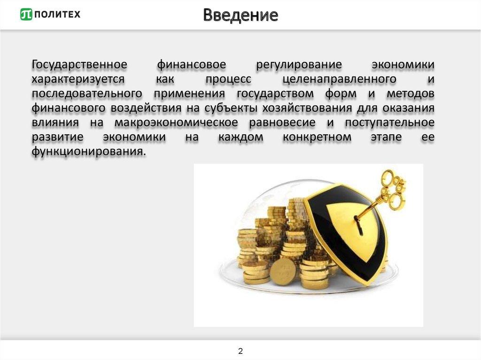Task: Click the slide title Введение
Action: click(x=240, y=15)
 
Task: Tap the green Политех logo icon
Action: click(x=26, y=15)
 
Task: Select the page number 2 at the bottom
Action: click(x=240, y=351)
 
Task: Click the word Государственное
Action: click(x=80, y=64)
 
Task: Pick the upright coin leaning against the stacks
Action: click(x=283, y=271)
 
